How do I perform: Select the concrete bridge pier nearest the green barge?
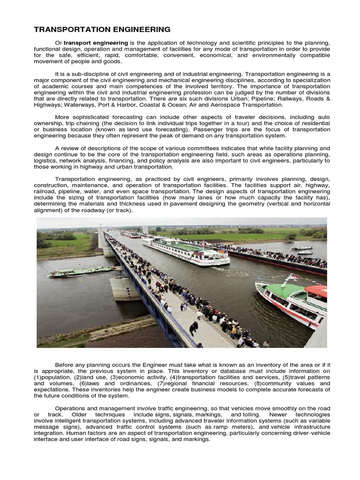pyautogui.click(x=124, y=289)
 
